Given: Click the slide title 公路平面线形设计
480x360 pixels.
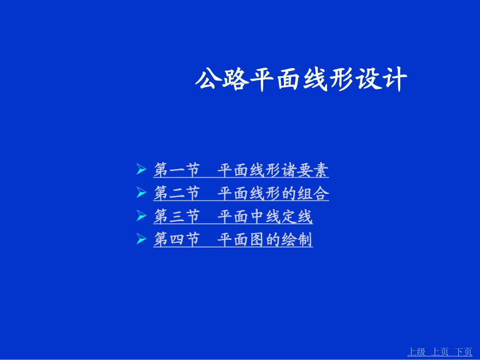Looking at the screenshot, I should tap(301, 80).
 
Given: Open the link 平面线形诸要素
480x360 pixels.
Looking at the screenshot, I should tap(273, 170).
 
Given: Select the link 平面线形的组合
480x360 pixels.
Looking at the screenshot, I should tap(273, 193).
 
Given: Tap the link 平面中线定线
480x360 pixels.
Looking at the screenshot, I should tap(265, 217).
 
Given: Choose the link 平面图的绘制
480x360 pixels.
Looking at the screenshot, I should tap(265, 239).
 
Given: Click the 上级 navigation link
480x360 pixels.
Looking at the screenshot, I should tap(416, 352).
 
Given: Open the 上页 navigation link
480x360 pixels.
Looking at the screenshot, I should tap(440, 352).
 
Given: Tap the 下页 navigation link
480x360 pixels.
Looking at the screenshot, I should tap(463, 352).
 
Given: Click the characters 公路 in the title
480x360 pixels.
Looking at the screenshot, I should tap(222, 80).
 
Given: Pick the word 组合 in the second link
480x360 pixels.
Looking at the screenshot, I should tap(313, 193).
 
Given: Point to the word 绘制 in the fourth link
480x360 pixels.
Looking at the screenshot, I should tap(297, 239).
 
